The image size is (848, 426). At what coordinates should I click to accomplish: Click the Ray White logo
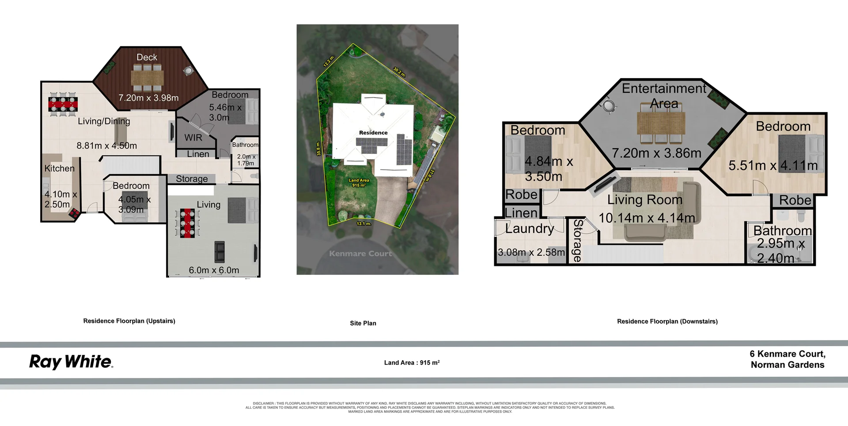[x=71, y=362]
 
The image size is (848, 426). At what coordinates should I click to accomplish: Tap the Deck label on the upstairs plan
[x=147, y=57]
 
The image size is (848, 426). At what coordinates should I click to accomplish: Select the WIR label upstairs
[x=193, y=138]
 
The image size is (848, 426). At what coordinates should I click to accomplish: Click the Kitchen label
[x=59, y=168]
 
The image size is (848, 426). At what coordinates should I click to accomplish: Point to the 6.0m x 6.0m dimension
[x=214, y=270]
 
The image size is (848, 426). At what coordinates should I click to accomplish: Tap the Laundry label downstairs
[x=530, y=228]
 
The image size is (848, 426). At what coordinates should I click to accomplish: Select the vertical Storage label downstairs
[x=577, y=240]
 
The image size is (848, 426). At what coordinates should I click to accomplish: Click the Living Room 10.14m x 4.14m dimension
[x=647, y=218]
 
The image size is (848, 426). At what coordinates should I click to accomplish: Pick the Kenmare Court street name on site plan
[x=360, y=254]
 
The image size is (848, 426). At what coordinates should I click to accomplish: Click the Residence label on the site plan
[x=373, y=133]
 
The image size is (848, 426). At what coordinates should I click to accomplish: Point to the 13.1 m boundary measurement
[x=364, y=224]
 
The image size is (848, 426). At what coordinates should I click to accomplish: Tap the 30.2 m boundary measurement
[x=399, y=72]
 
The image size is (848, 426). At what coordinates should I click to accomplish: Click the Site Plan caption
[x=363, y=323]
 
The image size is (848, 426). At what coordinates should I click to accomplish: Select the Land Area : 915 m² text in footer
[x=412, y=362]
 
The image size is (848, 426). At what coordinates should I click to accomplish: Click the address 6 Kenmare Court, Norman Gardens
[x=787, y=359]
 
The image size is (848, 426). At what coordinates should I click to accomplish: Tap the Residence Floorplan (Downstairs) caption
[x=667, y=321]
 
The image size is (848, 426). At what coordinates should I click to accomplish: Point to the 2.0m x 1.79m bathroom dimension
[x=246, y=160]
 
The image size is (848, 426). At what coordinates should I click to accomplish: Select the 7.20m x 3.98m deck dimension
[x=148, y=98]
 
